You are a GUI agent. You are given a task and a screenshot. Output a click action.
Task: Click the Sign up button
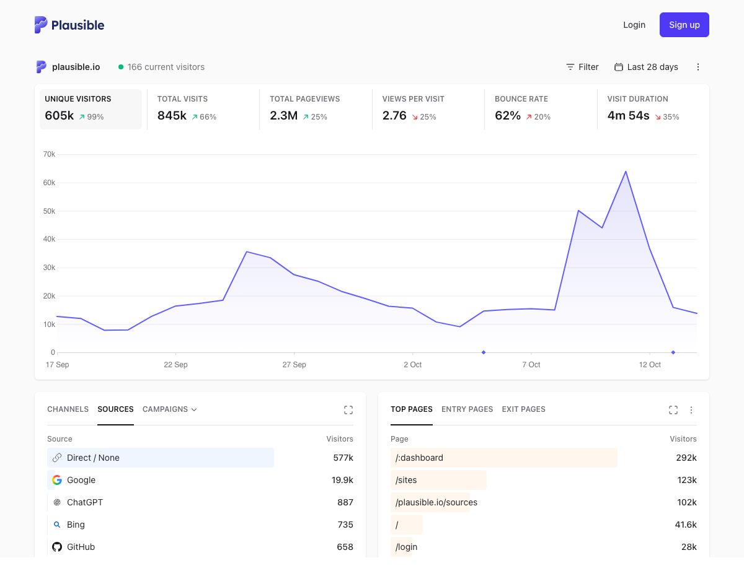coord(684,25)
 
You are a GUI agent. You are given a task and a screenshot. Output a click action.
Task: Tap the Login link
coord(634,25)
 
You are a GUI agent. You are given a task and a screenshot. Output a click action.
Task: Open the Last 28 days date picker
coord(646,67)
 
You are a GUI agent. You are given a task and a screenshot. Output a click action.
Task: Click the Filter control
coord(582,67)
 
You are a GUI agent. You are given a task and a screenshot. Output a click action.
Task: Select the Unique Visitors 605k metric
coord(91,109)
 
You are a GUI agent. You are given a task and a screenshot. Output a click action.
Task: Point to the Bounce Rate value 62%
coord(507,116)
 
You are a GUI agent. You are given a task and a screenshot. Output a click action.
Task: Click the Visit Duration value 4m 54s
coord(628,116)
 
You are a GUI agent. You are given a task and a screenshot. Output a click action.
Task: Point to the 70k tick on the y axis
coord(50,154)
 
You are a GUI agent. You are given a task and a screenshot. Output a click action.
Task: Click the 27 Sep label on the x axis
coord(294,365)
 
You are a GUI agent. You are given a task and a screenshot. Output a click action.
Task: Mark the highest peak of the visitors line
coord(626,172)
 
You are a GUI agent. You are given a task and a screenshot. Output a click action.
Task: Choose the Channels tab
coord(68,409)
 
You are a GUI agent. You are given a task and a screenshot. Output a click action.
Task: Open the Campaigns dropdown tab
coord(169,409)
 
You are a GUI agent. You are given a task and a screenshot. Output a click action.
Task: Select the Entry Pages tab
coord(467,409)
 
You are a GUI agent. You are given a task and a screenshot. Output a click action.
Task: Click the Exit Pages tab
coord(523,409)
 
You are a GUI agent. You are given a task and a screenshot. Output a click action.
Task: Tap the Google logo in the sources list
coord(57,480)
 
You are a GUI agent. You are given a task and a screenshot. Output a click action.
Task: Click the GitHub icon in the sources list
coord(57,547)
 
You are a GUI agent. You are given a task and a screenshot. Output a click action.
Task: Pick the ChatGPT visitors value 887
coord(345,502)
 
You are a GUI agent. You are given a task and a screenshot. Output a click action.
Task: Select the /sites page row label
coord(406,480)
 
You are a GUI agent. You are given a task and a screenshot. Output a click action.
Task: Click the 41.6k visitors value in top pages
coord(686,525)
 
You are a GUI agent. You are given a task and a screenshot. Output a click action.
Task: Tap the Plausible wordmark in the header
coord(77,25)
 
